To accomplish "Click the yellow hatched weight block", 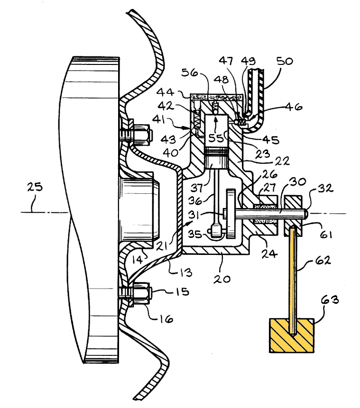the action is point(292,335).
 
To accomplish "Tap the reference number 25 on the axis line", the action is point(35,187).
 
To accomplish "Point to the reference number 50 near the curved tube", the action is point(285,61).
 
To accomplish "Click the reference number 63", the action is point(330,300).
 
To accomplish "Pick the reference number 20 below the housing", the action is point(222,279).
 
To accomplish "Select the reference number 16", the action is point(166,319).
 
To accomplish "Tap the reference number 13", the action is point(185,272).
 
